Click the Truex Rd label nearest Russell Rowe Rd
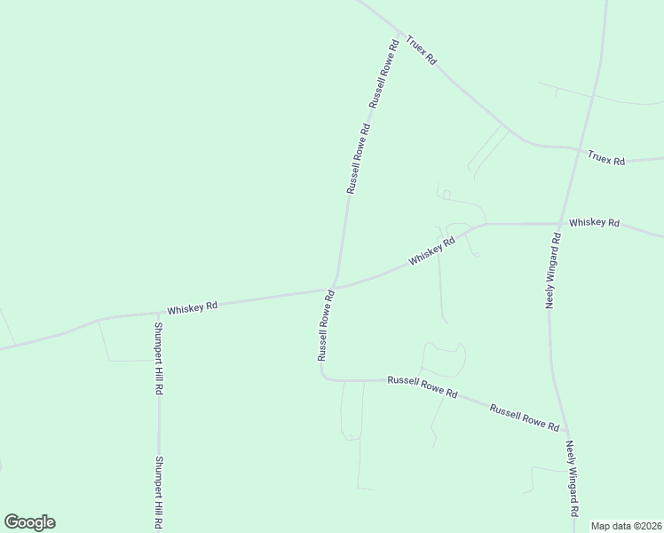(422, 51)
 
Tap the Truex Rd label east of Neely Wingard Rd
(606, 159)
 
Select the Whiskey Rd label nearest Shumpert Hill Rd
(193, 307)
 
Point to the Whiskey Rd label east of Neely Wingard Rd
(594, 222)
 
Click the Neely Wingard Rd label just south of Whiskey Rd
(553, 271)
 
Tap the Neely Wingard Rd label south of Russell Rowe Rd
(573, 481)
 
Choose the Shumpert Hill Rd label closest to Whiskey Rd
(157, 359)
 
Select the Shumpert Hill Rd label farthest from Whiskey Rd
(161, 492)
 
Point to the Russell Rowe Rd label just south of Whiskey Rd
(325, 325)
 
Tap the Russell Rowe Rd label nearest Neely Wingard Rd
(526, 418)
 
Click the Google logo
(29, 521)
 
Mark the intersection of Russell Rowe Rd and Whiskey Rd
(334, 288)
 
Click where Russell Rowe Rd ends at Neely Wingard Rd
(565, 433)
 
